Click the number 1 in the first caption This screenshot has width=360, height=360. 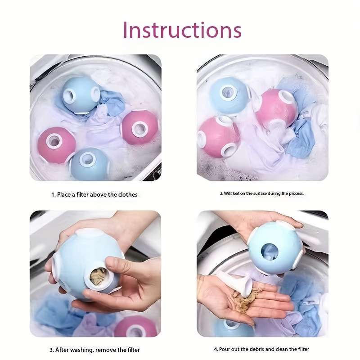[x=53, y=195]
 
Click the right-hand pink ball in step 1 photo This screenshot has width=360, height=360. [x=140, y=128]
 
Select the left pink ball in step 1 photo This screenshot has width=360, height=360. [x=57, y=145]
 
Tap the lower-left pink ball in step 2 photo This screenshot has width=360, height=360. [x=218, y=137]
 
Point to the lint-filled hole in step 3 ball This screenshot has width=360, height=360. [x=98, y=277]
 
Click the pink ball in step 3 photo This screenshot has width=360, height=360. [x=137, y=327]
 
